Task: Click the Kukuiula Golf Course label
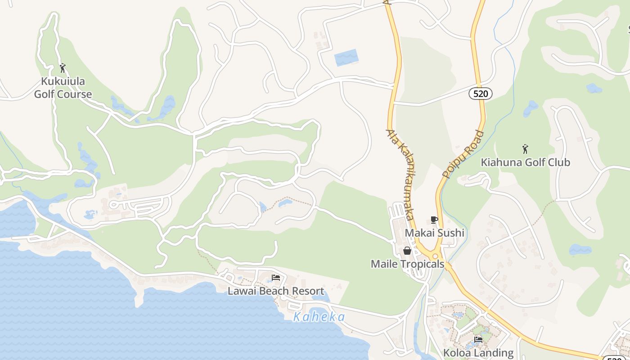point(63,88)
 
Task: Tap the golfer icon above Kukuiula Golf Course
point(63,68)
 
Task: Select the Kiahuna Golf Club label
point(525,162)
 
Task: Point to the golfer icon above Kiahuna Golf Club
point(525,148)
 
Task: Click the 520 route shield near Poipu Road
point(480,94)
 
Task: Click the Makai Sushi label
point(434,233)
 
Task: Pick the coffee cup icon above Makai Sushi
point(434,220)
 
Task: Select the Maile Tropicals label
point(407,264)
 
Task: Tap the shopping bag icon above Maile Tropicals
point(407,251)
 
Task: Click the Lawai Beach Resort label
point(275,291)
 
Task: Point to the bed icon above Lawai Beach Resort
point(275,278)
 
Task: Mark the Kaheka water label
point(319,317)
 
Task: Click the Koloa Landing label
point(478,353)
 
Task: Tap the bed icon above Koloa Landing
point(478,339)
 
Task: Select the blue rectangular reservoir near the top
point(346,58)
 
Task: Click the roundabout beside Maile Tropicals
point(435,256)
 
